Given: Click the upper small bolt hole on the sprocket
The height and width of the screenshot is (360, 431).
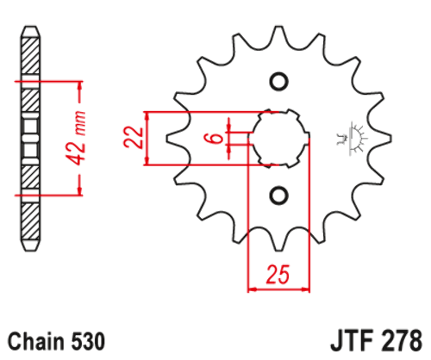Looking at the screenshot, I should pyautogui.click(x=278, y=82).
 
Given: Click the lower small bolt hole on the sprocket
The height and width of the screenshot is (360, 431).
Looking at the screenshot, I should pyautogui.click(x=278, y=194).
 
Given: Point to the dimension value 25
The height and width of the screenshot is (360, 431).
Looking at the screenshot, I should pyautogui.click(x=277, y=276).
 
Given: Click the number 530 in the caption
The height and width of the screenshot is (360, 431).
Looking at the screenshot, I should pyautogui.click(x=89, y=340).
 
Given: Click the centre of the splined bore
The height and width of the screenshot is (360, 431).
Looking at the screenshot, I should pyautogui.click(x=278, y=138).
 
